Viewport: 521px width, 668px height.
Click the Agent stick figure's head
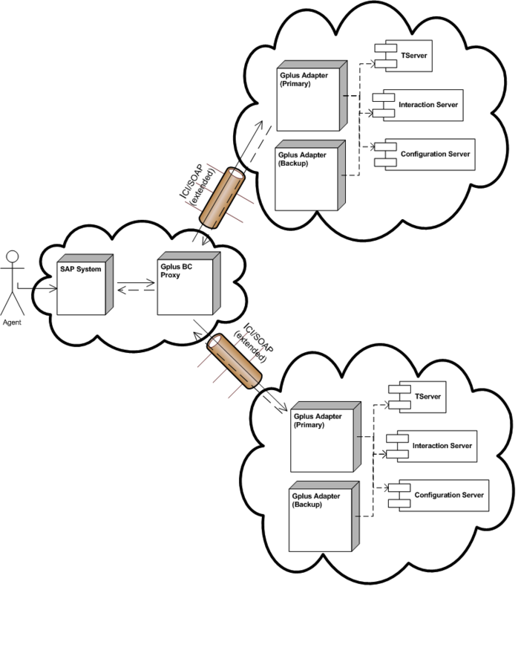pyautogui.click(x=13, y=256)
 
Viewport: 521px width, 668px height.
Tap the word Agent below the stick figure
pyautogui.click(x=12, y=322)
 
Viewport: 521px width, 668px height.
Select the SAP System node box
pyautogui.click(x=85, y=285)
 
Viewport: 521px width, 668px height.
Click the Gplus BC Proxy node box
pyautogui.click(x=189, y=284)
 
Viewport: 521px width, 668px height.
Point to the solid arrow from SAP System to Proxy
pyautogui.click(x=137, y=282)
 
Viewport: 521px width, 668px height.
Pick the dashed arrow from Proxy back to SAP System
pyautogui.click(x=137, y=290)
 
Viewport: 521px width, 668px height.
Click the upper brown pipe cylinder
pyautogui.click(x=222, y=198)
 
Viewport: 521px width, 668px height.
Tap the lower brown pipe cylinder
pyautogui.click(x=234, y=361)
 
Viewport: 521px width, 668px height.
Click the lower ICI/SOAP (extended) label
pyautogui.click(x=254, y=343)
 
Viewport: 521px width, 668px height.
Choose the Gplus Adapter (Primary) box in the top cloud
pyautogui.click(x=312, y=96)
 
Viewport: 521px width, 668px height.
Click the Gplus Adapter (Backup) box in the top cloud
pyautogui.click(x=310, y=175)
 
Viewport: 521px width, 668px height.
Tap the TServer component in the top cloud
pyautogui.click(x=404, y=56)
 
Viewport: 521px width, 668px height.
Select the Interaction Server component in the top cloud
pyautogui.click(x=418, y=106)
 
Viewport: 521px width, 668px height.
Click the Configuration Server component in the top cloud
pyautogui.click(x=425, y=155)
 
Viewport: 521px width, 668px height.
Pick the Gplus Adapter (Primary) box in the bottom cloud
pyautogui.click(x=326, y=437)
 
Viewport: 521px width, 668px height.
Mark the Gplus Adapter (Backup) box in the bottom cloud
pyautogui.click(x=324, y=516)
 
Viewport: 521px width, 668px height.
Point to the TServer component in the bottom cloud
pyautogui.click(x=417, y=397)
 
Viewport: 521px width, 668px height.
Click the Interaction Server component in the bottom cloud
pyautogui.click(x=432, y=446)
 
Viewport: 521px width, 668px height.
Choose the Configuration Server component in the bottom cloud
pyautogui.click(x=439, y=496)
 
